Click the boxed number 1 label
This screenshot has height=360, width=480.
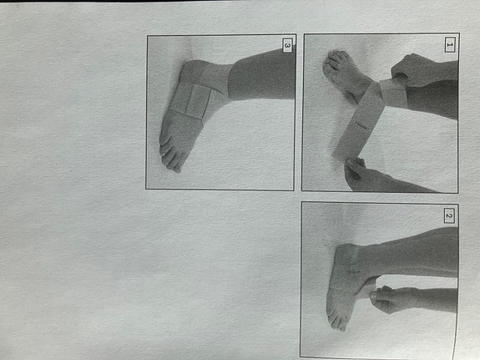point(449,46)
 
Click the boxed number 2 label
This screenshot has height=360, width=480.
point(448,217)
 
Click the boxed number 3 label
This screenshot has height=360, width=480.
point(287,46)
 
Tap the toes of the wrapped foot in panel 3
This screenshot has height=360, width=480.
point(169,153)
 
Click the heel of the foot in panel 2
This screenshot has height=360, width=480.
point(351,251)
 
